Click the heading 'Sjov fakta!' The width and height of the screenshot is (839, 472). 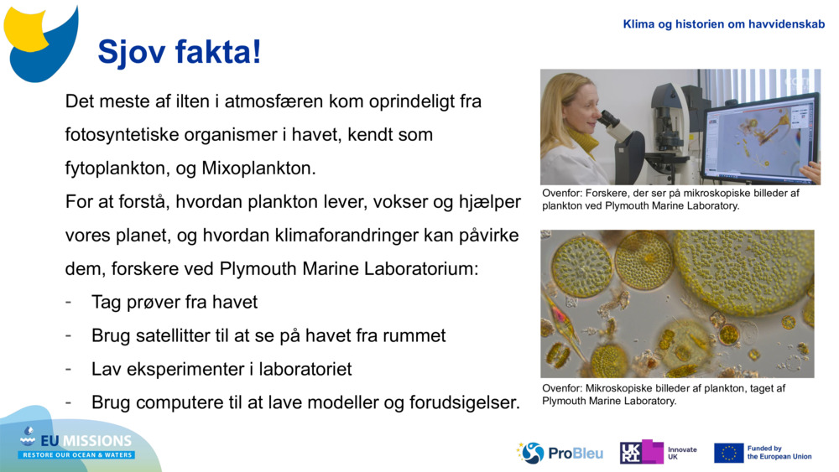180,52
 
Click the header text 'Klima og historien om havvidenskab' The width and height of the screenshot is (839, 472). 723,24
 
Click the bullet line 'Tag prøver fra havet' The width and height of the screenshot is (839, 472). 174,302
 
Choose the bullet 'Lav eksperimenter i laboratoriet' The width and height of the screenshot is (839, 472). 221,369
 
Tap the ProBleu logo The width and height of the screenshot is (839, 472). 560,453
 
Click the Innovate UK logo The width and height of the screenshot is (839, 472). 659,453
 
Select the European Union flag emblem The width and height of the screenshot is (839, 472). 728,453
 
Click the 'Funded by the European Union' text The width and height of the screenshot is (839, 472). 779,453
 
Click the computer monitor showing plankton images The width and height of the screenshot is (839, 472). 759,137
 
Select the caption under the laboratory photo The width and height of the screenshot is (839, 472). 670,199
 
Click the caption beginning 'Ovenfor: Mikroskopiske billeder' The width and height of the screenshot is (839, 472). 663,394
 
